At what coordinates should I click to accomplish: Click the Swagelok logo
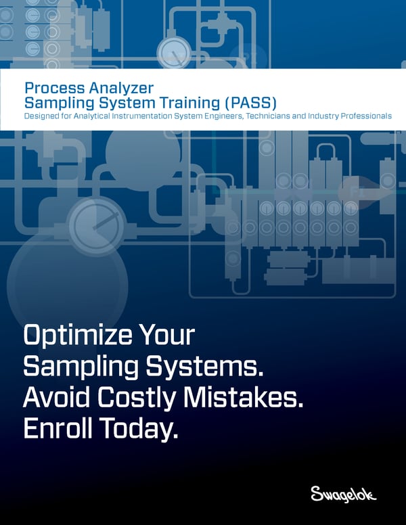tap(343, 494)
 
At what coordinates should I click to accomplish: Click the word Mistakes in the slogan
tap(253, 398)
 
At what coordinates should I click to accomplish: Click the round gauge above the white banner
tap(174, 51)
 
